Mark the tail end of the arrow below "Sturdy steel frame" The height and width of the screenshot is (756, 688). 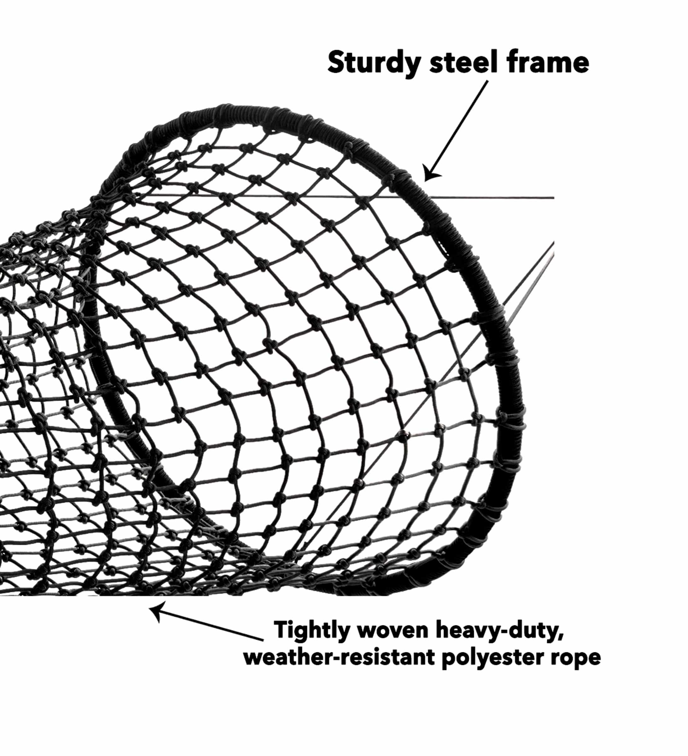[x=488, y=81]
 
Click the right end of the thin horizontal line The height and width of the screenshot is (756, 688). [x=554, y=198]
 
